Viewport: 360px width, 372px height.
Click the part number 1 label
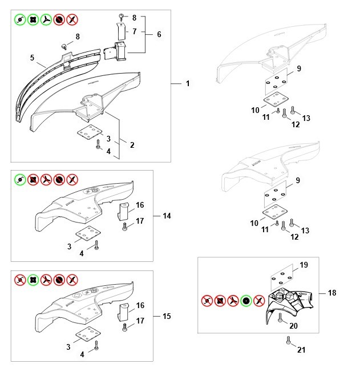tap(187, 84)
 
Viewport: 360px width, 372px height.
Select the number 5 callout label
tap(33, 57)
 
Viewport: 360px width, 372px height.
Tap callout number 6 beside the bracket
tap(159, 34)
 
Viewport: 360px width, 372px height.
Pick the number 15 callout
tap(167, 316)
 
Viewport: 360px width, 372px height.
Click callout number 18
tap(333, 293)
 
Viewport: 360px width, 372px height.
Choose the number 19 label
tap(304, 265)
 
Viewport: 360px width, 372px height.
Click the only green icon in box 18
tap(246, 301)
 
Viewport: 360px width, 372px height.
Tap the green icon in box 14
tap(20, 179)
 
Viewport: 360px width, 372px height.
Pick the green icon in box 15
tap(33, 280)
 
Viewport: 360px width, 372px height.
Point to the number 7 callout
tap(135, 31)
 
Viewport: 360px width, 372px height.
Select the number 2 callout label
tap(132, 145)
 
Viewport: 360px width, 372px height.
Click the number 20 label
tap(294, 327)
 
